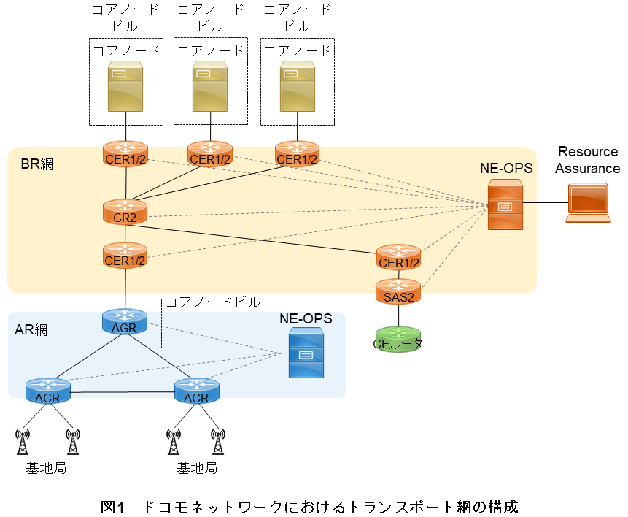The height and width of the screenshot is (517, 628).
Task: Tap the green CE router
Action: [398, 339]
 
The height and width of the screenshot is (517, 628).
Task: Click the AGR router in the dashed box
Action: [124, 321]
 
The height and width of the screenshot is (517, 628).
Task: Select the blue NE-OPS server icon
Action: [306, 353]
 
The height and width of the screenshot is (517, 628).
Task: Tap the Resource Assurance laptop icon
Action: [587, 202]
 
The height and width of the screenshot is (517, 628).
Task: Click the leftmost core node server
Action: [125, 85]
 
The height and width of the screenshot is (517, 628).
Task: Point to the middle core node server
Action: [212, 85]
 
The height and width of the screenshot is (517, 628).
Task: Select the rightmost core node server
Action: [298, 85]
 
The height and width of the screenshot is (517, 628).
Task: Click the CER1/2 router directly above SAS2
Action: [398, 257]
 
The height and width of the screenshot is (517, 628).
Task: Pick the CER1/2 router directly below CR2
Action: [125, 255]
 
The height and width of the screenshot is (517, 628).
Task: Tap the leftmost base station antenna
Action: [23, 443]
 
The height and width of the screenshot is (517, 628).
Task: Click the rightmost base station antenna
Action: [217, 443]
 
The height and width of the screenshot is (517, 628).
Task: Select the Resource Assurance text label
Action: [587, 160]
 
